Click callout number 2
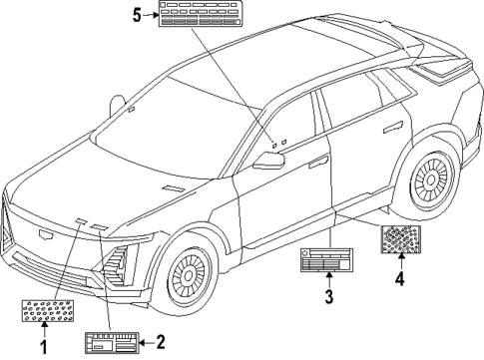(160, 342)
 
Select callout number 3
(328, 296)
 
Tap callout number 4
(399, 280)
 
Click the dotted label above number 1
(43, 311)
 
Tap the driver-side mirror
(267, 162)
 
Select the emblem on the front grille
(40, 235)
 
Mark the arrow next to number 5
(152, 14)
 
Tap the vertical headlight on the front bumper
(118, 263)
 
